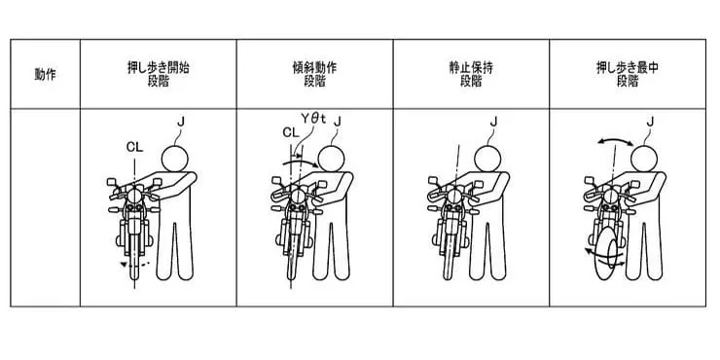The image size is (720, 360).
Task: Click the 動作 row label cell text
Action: (x=45, y=74)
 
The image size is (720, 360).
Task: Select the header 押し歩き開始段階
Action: (x=158, y=74)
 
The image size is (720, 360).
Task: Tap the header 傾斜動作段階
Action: (x=314, y=74)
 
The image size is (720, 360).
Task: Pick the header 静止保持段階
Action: (x=471, y=74)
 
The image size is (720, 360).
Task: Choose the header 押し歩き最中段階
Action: (x=628, y=74)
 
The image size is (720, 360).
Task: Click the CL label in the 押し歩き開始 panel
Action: (x=134, y=147)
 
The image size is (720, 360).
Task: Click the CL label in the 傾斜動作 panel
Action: (x=291, y=132)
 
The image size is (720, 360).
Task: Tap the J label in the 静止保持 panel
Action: (x=493, y=122)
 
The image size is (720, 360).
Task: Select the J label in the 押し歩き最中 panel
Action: (x=650, y=122)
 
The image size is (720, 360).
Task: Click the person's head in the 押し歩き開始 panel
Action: (x=174, y=159)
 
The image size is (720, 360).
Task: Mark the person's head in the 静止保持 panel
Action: (x=487, y=159)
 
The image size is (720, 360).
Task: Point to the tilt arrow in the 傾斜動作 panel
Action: (x=301, y=162)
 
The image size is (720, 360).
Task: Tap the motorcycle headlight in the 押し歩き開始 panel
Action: (x=134, y=197)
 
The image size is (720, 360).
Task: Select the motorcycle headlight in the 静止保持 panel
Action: (x=454, y=197)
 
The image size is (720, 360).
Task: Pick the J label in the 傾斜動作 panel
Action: (x=338, y=122)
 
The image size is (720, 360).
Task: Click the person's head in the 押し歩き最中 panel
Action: (x=644, y=159)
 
